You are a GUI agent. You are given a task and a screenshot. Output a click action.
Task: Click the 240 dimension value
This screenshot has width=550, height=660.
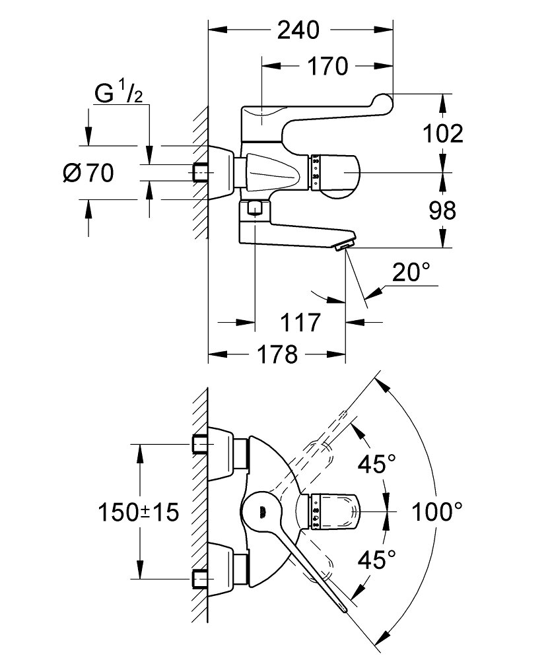click(x=298, y=30)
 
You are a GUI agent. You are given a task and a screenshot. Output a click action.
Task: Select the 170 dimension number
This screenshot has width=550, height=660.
click(x=327, y=66)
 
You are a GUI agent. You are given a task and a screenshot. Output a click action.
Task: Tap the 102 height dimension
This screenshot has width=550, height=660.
click(x=442, y=134)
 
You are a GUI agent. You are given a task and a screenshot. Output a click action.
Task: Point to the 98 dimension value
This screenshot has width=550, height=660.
click(x=442, y=210)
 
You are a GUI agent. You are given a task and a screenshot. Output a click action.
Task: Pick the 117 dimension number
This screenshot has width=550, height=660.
click(x=300, y=323)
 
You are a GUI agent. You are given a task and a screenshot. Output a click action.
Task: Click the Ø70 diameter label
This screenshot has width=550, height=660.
click(x=88, y=172)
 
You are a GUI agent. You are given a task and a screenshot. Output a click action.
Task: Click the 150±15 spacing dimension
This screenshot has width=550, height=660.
click(x=138, y=512)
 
